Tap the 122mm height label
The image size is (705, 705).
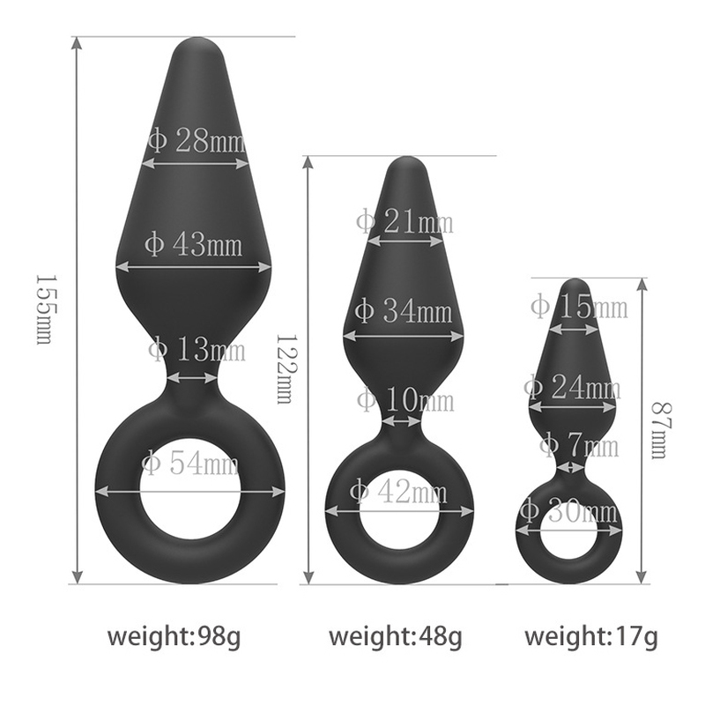coord(284,368)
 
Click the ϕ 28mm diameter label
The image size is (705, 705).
coord(197,141)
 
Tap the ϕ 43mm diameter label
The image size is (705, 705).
coord(194,244)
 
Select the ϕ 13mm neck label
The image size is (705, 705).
coord(197,350)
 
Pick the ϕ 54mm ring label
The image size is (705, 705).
coord(190,464)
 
